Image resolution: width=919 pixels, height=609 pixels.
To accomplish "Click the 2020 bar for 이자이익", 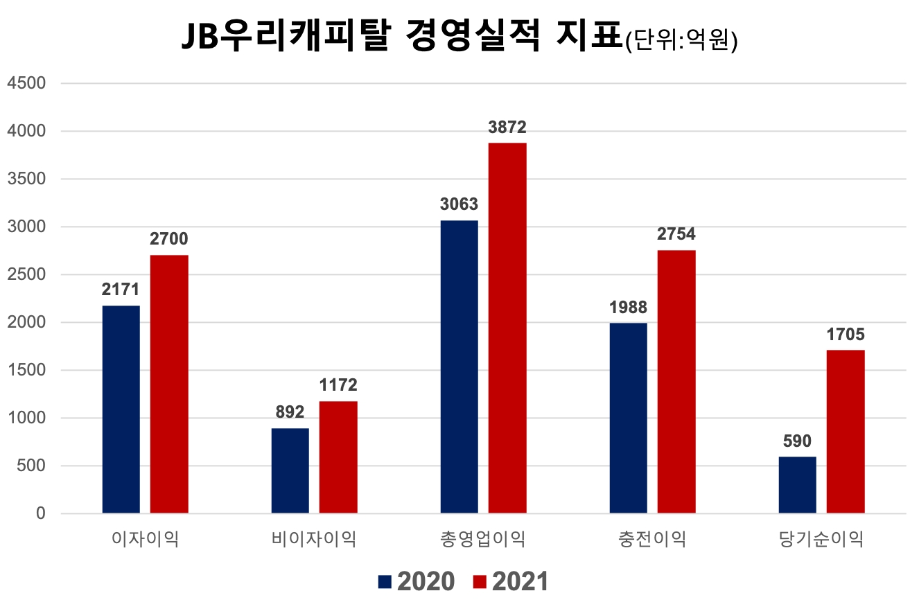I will point(121,409).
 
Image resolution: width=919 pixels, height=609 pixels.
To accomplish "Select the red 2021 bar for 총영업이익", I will point(507,328).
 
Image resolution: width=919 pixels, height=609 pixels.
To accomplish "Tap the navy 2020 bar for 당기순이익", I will point(797,484).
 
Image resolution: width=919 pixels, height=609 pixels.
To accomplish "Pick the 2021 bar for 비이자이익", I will point(338,457).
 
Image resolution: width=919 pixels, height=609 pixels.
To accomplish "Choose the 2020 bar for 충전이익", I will point(628,418).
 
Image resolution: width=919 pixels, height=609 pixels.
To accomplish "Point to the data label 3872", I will point(507,127).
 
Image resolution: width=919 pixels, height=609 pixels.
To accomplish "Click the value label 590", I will point(797,441).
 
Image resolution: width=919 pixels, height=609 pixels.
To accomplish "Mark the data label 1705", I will point(846,335).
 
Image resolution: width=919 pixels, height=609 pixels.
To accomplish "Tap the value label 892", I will point(290,413).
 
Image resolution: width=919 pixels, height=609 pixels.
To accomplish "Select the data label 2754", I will point(676,234).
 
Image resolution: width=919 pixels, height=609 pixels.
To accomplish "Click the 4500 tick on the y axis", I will point(26,83).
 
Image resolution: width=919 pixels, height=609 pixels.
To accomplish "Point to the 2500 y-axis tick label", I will point(26,274).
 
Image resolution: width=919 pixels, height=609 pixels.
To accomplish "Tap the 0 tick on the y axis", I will point(40,513).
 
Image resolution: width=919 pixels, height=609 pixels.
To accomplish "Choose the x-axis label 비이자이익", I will point(314,539).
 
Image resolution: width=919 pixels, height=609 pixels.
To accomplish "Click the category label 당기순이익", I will point(821,539).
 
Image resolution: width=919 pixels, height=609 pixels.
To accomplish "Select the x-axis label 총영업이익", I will point(483,539).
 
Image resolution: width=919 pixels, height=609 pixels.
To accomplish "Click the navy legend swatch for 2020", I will point(385,581).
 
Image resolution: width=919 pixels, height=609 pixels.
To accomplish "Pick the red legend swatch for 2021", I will point(480,581).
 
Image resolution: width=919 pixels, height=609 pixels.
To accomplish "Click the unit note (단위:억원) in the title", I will point(681,42).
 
